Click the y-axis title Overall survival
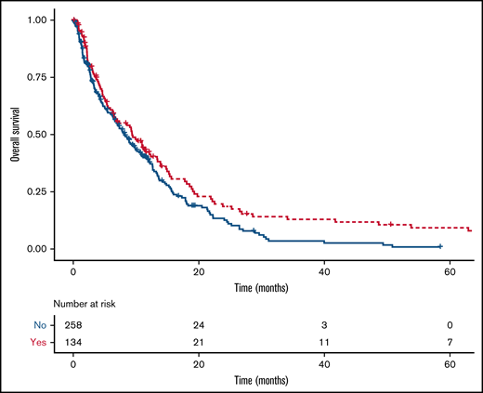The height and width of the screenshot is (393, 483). [16, 133]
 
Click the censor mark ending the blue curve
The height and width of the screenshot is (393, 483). [440, 246]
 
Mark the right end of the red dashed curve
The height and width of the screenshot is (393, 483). [471, 230]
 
